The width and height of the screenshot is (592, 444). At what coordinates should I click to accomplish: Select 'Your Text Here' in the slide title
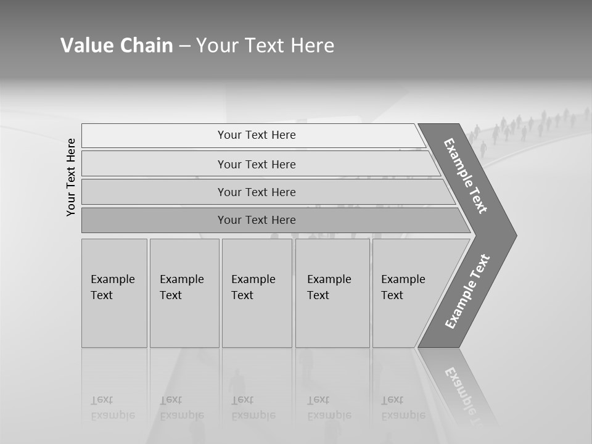pos(265,46)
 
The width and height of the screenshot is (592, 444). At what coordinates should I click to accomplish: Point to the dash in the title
pos(184,46)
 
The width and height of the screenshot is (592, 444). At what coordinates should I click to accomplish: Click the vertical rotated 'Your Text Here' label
pos(71,177)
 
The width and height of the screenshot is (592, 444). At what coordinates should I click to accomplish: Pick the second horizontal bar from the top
pos(256,164)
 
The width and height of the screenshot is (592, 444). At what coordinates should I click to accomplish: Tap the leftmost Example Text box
pos(114,292)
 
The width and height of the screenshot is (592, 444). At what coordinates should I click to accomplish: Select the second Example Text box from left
pos(184,292)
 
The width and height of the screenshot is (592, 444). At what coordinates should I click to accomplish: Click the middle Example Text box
pos(257,292)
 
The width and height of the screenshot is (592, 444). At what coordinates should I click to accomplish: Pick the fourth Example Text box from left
pos(332,292)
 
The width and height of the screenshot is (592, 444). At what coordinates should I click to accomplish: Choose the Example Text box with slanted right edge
pos(407,292)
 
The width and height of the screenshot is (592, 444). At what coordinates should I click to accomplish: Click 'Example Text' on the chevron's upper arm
pos(466,175)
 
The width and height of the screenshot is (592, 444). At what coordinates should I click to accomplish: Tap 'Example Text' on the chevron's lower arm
pos(467,292)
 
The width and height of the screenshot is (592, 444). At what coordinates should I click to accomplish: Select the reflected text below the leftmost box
pos(112,408)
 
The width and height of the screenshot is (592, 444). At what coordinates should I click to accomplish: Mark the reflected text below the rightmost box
pos(403,408)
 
